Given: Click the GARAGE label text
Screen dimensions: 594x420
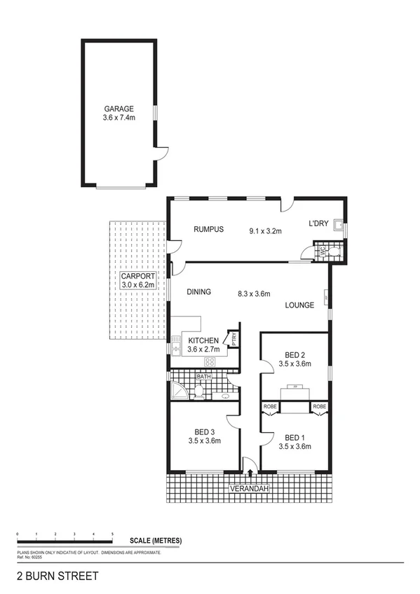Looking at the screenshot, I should (x=118, y=109).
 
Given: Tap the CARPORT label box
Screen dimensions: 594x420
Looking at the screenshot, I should (x=137, y=282).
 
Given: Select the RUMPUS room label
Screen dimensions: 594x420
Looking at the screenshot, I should (x=208, y=229).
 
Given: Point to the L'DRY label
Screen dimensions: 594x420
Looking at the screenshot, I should (x=318, y=224).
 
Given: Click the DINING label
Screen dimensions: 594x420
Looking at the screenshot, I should (x=200, y=293).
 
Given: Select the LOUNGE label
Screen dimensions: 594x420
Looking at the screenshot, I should (x=299, y=305).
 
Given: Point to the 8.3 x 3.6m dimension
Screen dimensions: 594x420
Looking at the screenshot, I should (x=253, y=293).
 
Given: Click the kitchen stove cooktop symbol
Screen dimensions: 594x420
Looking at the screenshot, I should (x=209, y=361).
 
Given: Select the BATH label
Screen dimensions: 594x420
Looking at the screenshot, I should (x=203, y=377).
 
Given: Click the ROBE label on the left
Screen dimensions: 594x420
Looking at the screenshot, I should (x=270, y=406).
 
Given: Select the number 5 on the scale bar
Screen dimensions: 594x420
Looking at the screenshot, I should (x=113, y=534).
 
